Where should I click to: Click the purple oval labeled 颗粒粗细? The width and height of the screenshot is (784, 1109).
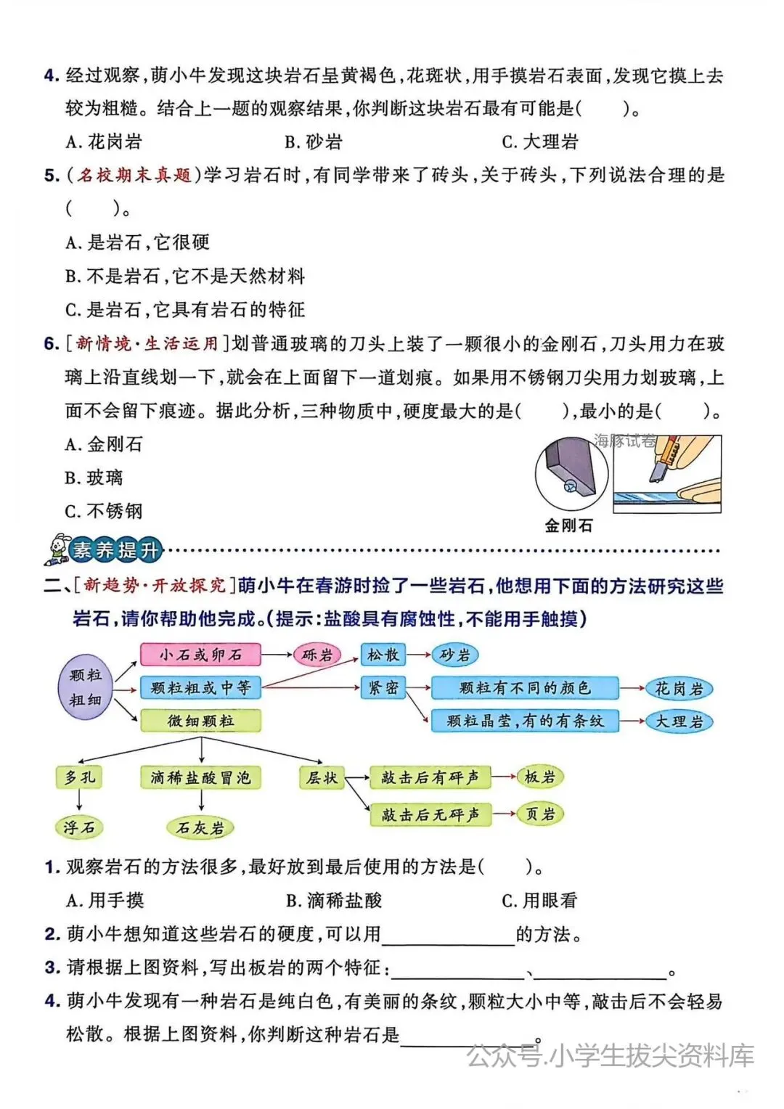(x=86, y=687)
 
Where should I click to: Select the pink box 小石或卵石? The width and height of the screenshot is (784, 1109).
(x=200, y=655)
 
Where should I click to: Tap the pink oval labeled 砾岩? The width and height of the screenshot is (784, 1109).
(x=317, y=655)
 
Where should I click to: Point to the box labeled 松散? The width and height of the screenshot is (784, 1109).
(x=383, y=655)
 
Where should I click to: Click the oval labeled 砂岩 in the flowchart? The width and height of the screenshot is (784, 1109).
(x=454, y=655)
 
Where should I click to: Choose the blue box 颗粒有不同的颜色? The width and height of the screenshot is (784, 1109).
(x=524, y=688)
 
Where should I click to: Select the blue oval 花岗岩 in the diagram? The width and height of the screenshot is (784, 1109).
(x=679, y=689)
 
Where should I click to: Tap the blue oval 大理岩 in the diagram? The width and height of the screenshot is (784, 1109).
(x=679, y=721)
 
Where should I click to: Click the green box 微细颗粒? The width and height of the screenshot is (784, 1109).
(x=200, y=721)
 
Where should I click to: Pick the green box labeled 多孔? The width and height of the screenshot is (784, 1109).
(x=79, y=777)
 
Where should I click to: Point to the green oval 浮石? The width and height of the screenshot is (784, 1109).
(x=79, y=827)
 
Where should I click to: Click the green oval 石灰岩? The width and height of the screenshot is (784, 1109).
(x=200, y=827)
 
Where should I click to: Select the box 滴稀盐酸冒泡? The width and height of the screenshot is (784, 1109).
(x=200, y=778)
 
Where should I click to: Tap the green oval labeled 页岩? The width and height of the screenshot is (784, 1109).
(x=540, y=814)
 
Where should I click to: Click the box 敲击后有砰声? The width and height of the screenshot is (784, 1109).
(x=430, y=778)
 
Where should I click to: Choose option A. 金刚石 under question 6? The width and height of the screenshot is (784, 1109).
(x=105, y=444)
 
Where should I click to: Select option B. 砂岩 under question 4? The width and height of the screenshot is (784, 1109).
(x=313, y=142)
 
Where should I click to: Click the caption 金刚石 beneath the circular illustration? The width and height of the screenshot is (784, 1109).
(x=568, y=525)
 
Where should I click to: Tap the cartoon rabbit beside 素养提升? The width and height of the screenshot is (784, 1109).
(x=56, y=549)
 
